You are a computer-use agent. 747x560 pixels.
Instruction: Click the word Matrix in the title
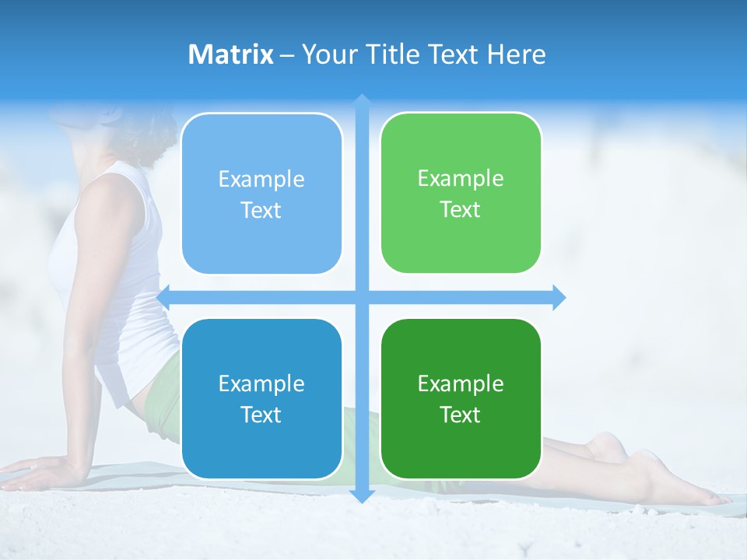point(231,54)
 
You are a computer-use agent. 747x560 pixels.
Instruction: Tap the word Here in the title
point(516,54)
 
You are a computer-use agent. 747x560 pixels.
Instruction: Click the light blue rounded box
point(261,194)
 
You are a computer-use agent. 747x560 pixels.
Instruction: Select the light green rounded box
point(461,193)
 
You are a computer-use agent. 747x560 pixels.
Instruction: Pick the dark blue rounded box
point(261,398)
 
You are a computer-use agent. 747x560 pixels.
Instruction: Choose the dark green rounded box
point(461,398)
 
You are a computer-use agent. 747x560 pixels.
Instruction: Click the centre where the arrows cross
point(362,297)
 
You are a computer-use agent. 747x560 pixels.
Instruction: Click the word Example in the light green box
point(461,178)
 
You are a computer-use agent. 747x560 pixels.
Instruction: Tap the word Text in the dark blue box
point(261,415)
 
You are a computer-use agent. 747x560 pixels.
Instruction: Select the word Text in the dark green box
point(461,415)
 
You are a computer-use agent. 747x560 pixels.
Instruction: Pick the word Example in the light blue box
point(261,179)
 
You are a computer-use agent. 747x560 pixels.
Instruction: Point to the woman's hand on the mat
point(39,471)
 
